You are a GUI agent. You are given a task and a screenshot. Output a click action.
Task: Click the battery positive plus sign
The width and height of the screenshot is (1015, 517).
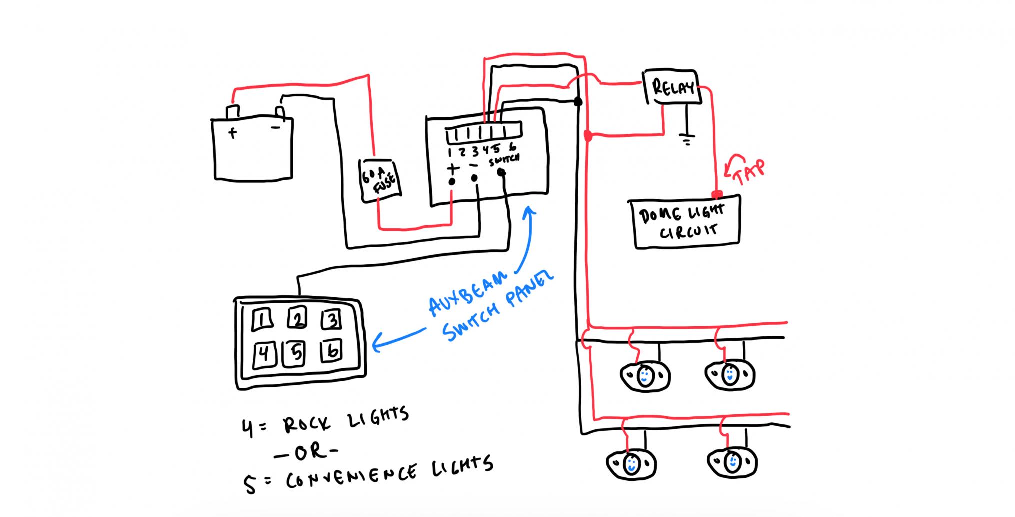pyautogui.click(x=232, y=133)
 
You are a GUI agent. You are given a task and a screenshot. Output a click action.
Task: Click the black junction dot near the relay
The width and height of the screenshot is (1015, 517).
pyautogui.click(x=578, y=102)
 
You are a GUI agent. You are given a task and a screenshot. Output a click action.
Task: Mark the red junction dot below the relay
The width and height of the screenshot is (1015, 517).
pyautogui.click(x=588, y=135)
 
